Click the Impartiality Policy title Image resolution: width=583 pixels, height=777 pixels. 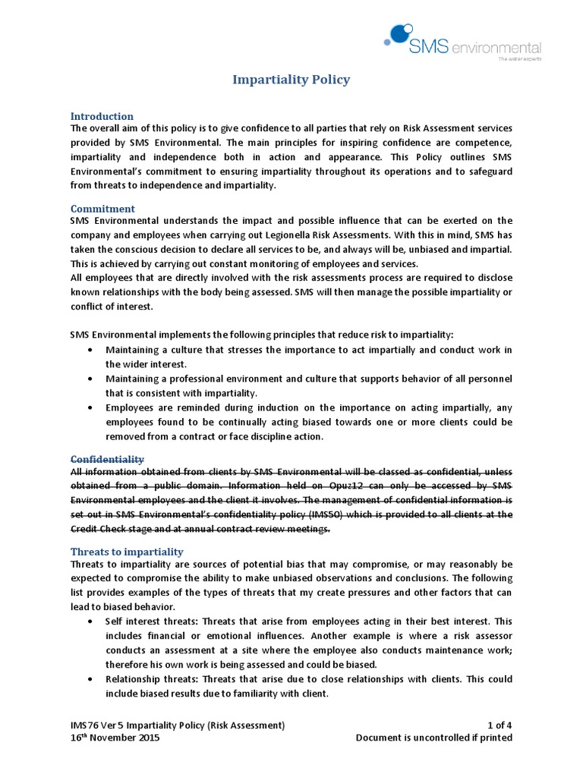tap(291, 80)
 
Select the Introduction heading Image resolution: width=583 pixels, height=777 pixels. tap(102, 116)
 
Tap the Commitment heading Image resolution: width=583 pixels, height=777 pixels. tap(102, 209)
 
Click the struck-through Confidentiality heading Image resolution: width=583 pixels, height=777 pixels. tap(107, 459)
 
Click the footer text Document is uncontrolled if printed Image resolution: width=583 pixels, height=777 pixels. tap(434, 738)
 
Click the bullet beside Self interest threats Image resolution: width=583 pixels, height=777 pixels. tap(92, 621)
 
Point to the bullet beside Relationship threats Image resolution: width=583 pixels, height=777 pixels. tap(92, 679)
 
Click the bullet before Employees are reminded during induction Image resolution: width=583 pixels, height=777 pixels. tap(92, 407)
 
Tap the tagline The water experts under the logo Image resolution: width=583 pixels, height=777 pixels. tap(518, 58)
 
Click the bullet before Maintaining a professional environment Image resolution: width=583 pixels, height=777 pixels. tap(92, 379)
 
